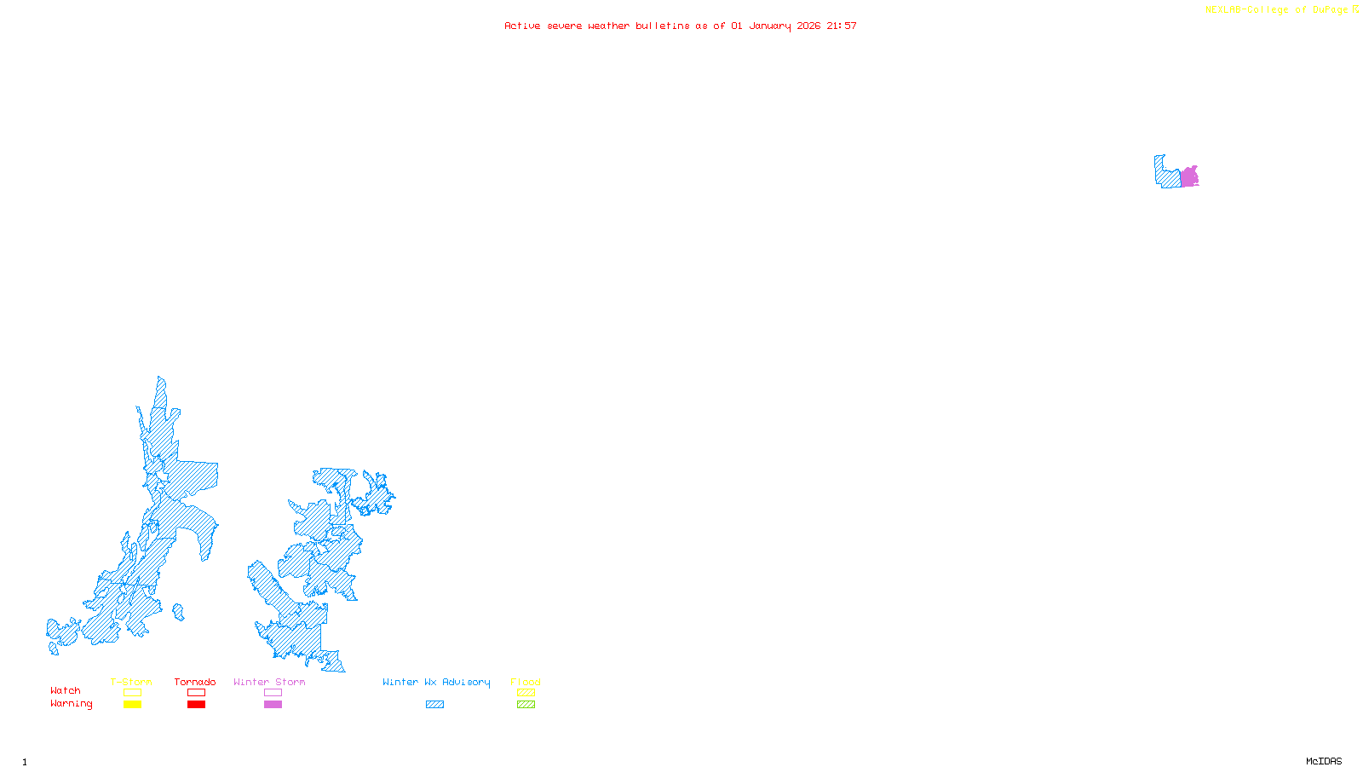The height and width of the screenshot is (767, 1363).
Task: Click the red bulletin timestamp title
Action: [680, 26]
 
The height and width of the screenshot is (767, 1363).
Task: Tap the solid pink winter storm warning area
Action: [1189, 177]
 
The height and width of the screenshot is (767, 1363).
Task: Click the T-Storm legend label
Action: [131, 682]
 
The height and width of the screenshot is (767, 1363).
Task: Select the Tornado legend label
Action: [195, 682]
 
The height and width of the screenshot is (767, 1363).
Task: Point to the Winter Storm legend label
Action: [269, 682]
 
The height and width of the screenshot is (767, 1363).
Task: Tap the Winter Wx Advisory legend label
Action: [436, 682]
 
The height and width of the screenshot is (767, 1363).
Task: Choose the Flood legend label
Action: [526, 682]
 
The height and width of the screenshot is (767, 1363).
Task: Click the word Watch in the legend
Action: [66, 690]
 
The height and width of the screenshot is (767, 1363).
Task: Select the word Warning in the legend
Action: [72, 704]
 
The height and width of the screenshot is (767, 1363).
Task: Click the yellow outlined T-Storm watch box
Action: [132, 693]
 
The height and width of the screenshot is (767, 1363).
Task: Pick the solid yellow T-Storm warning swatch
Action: [132, 705]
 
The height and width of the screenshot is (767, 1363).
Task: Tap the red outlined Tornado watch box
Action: [196, 693]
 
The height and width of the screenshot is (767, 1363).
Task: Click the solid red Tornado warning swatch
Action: [196, 705]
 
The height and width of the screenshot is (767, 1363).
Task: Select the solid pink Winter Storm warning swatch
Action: [273, 705]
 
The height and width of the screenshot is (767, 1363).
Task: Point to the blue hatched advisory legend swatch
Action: [434, 705]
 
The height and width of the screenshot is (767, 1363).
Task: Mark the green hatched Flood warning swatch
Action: [526, 705]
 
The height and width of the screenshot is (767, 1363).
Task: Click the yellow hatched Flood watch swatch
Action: [526, 693]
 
